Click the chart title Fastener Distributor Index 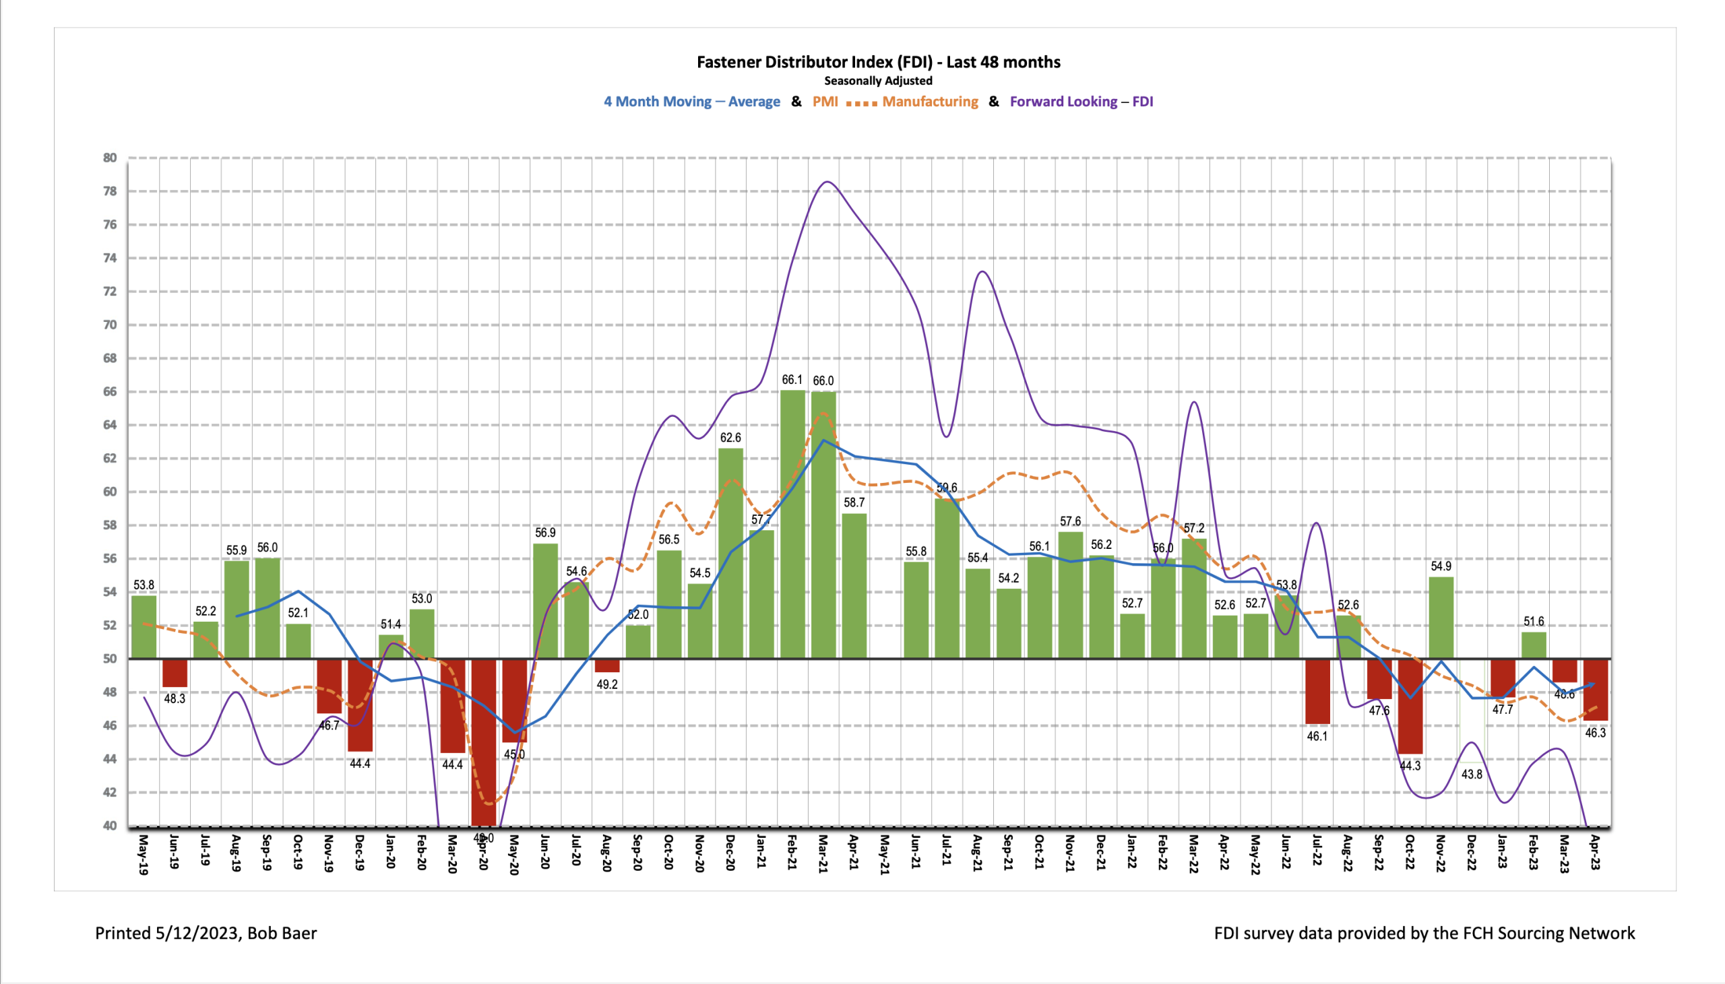878,62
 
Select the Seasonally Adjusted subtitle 878,81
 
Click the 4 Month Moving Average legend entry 691,102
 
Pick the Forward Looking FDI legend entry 1081,102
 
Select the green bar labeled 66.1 792,524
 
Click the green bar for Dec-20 730,553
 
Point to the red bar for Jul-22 1317,691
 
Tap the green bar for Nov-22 1441,617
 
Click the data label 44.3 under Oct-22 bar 1410,766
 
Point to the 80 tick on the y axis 110,158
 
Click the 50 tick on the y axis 110,658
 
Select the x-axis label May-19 144,854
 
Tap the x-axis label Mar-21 823,853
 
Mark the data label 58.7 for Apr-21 854,502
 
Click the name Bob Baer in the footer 282,933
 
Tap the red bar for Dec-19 360,704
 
